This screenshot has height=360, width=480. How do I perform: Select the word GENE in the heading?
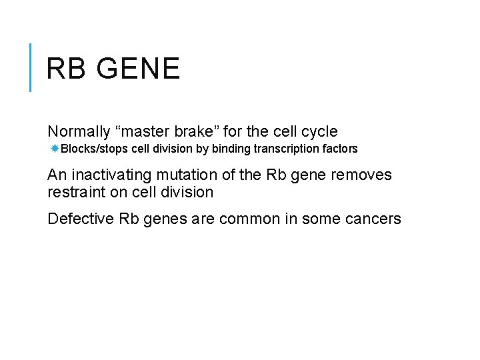click(x=136, y=69)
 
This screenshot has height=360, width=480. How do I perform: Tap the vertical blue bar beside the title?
click(x=31, y=67)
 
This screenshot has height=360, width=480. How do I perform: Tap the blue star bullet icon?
click(x=55, y=148)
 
